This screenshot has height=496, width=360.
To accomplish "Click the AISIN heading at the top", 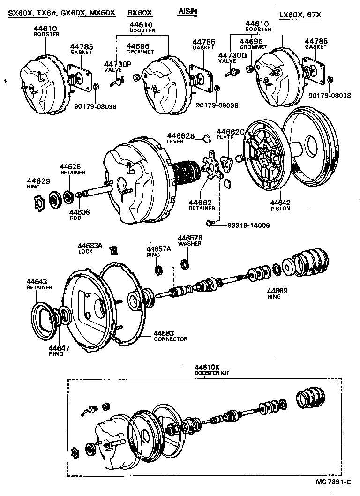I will pyautogui.click(x=187, y=11).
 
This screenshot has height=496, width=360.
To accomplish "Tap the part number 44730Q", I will pyautogui.click(x=232, y=55).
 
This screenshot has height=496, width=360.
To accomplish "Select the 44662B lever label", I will pyautogui.click(x=180, y=136).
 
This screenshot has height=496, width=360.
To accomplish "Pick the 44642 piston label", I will pyautogui.click(x=280, y=203).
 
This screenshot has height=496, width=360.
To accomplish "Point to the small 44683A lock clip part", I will pyautogui.click(x=113, y=248).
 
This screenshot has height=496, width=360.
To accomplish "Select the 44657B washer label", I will pyautogui.click(x=190, y=238).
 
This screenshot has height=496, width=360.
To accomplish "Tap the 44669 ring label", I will pyautogui.click(x=277, y=291).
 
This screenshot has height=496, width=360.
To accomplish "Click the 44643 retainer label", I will pyautogui.click(x=37, y=281).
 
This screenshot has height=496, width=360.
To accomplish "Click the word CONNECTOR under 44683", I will pyautogui.click(x=171, y=339).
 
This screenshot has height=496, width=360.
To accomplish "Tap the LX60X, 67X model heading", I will pyautogui.click(x=300, y=15).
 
